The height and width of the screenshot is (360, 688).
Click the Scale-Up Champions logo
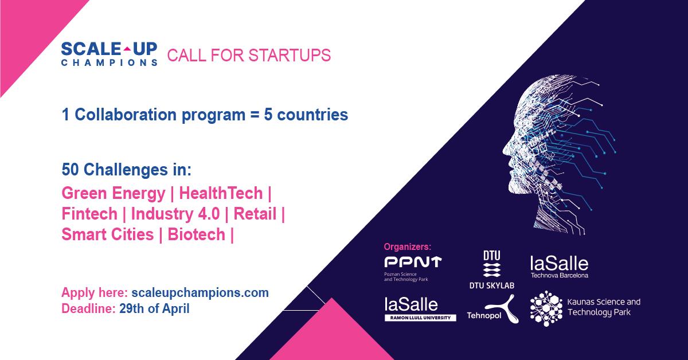[110, 54]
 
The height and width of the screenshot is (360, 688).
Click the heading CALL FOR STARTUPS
[249, 55]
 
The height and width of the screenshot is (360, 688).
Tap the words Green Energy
[114, 194]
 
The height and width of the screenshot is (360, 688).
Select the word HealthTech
[221, 193]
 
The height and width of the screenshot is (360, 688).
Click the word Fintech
[89, 214]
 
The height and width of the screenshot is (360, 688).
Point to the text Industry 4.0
[175, 214]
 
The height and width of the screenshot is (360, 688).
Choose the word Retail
[255, 214]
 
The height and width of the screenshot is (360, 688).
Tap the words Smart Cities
[108, 234]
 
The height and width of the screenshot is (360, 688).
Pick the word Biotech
[197, 234]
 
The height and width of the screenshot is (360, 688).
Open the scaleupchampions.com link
[200, 293]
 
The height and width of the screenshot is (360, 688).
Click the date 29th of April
[154, 308]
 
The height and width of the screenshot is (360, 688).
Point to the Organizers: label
[408, 246]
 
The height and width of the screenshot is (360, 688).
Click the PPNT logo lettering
[413, 262]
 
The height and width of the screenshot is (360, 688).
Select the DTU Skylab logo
[492, 269]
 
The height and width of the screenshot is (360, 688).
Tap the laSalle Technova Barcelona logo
[560, 267]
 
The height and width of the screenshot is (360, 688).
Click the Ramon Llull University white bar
[420, 318]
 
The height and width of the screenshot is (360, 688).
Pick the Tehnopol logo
[492, 310]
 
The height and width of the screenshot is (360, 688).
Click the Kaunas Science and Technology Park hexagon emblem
[546, 308]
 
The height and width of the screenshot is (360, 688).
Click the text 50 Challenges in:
[127, 170]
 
